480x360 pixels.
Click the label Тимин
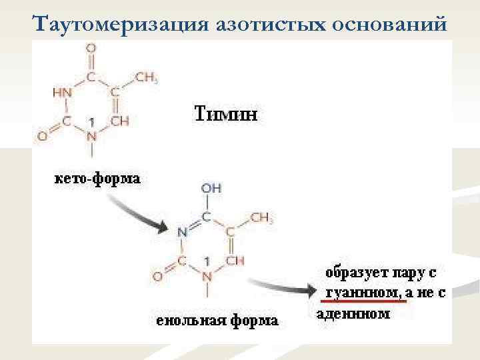point(225,113)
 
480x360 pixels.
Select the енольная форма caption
point(217,321)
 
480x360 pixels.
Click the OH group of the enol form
point(211,189)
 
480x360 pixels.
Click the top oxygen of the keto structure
point(91,48)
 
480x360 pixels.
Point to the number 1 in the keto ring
point(91,122)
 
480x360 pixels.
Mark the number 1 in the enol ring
point(207,261)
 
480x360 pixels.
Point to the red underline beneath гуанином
point(364,301)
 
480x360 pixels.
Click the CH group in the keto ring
point(119,121)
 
